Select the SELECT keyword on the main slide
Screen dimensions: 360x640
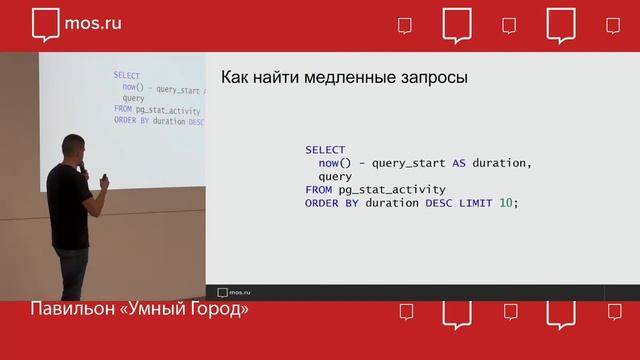click(x=325, y=150)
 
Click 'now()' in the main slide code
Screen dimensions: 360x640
click(x=334, y=163)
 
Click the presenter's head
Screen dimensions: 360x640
click(x=74, y=148)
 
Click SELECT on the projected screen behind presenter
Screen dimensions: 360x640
click(x=126, y=76)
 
